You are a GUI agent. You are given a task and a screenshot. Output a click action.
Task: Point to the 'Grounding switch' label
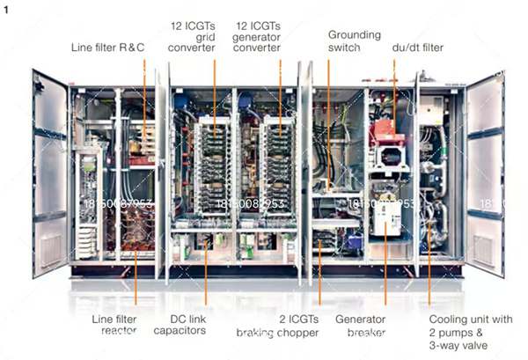pos(354,41)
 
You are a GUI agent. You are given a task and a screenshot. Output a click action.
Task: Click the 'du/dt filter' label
pos(417,47)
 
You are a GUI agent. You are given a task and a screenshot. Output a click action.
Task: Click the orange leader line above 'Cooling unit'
pos(429,273)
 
